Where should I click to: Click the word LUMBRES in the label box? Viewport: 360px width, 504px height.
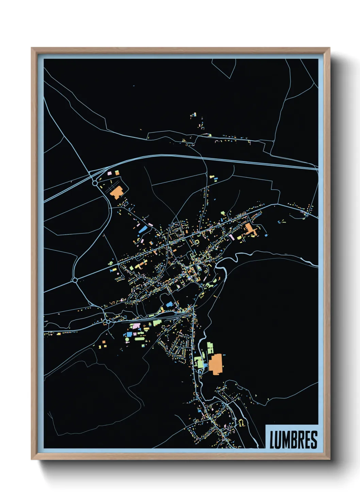point(293,440)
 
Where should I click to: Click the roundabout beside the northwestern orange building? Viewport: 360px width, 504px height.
point(95,183)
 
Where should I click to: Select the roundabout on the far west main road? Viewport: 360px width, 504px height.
point(75,280)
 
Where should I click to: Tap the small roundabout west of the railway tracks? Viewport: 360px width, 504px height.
point(108,321)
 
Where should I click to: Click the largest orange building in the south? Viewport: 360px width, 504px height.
point(215,364)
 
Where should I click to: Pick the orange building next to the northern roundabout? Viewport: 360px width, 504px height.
point(116,192)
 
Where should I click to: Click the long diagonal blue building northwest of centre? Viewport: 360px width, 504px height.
point(143,229)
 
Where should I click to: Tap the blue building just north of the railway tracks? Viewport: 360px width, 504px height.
point(169,304)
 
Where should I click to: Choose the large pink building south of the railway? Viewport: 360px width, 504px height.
point(136,326)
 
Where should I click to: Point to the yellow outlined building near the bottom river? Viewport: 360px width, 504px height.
point(241,423)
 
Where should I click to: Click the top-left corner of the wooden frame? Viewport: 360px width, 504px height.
point(32,48)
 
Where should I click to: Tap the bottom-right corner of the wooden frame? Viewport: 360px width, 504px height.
point(329,459)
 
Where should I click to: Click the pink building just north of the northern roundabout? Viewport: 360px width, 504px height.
point(110,173)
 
